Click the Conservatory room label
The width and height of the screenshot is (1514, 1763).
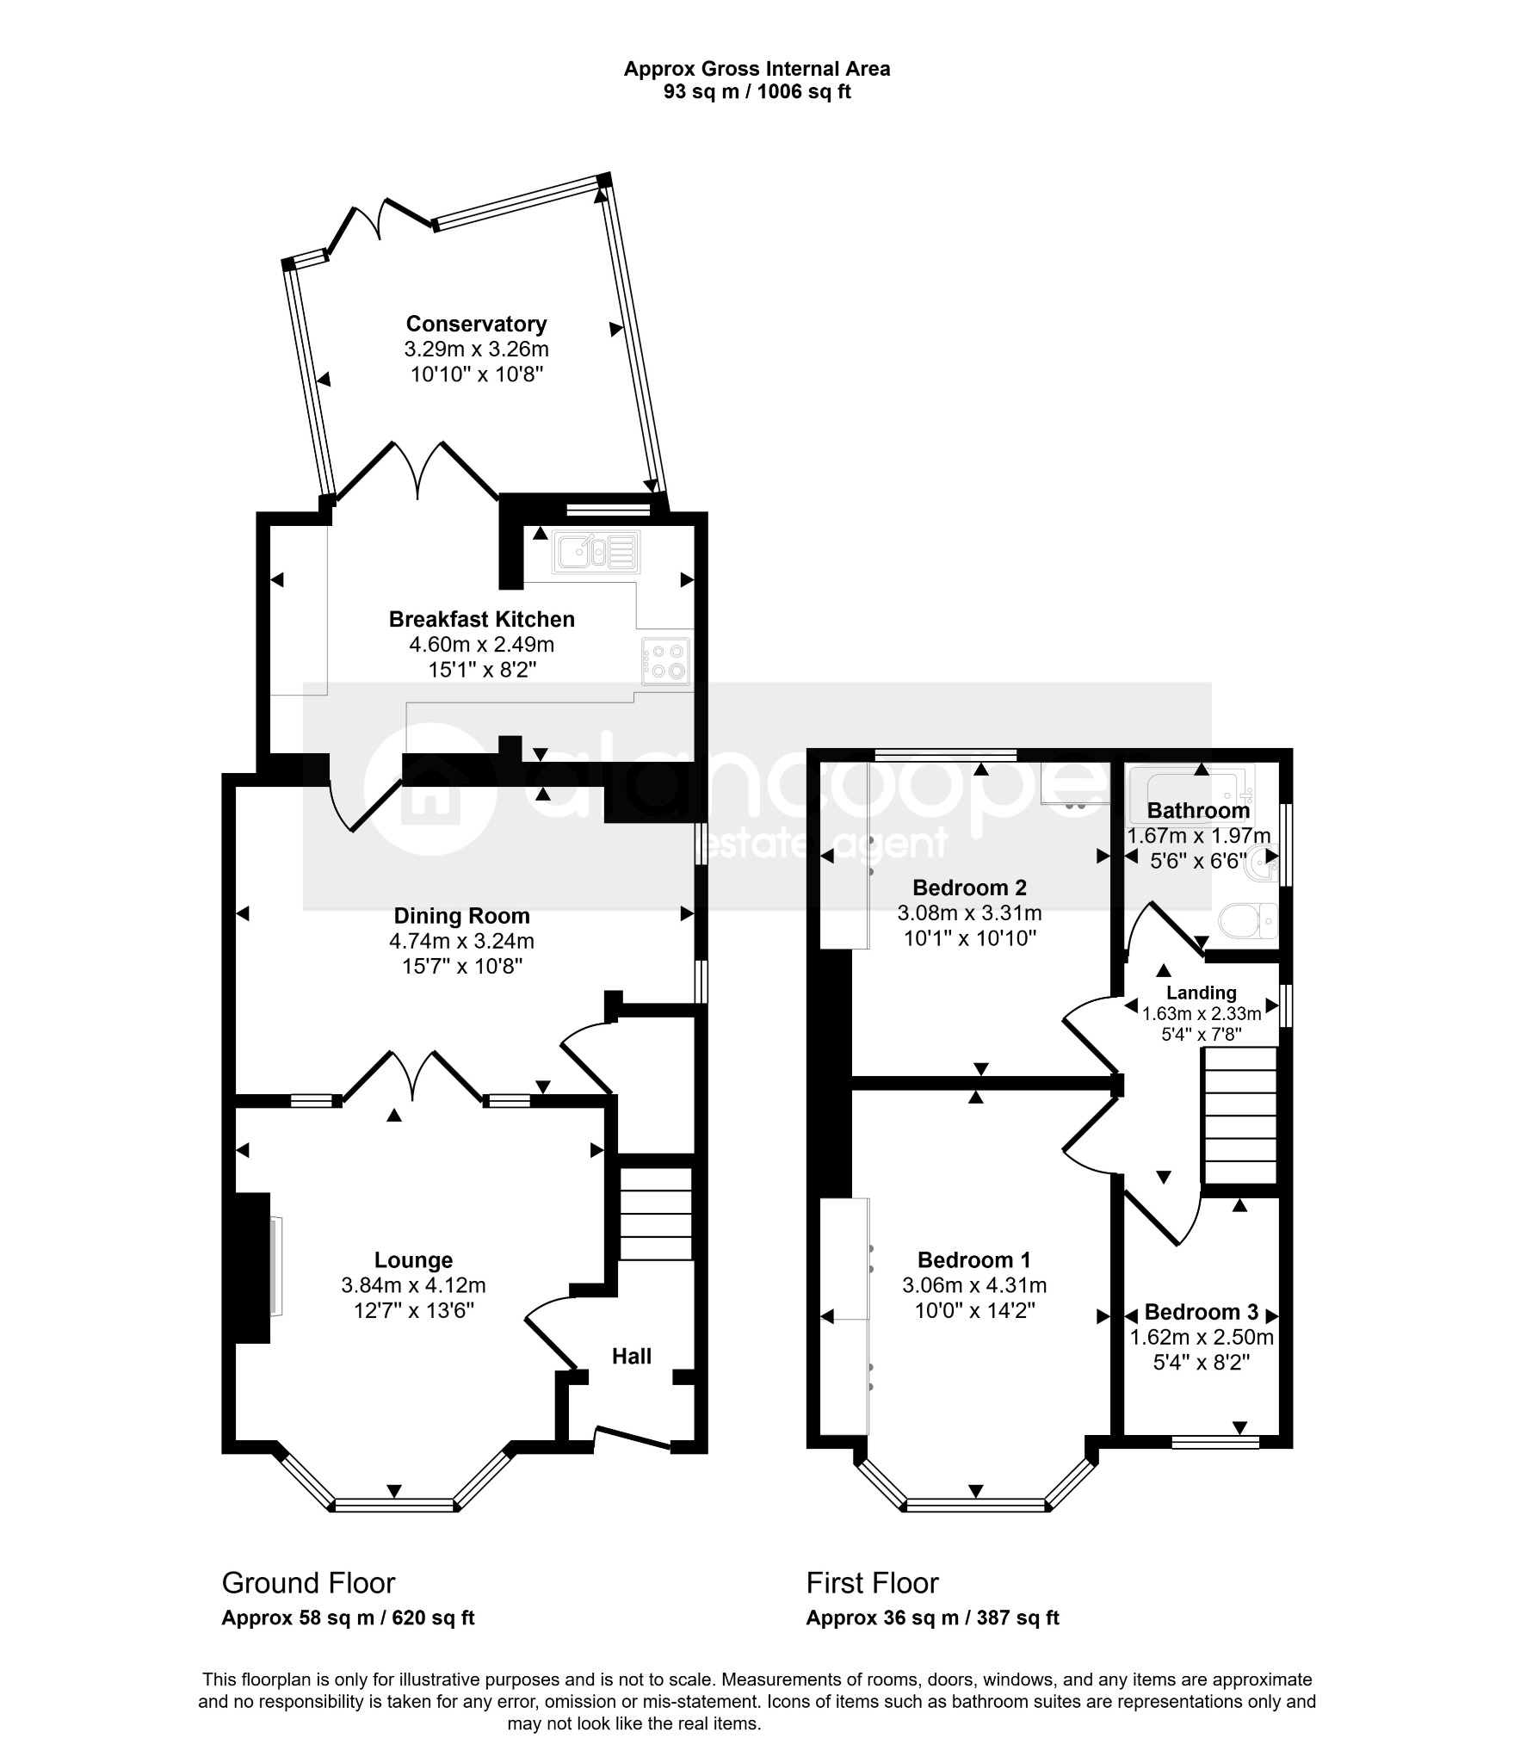pos(476,324)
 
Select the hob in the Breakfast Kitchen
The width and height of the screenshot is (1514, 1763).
pos(665,661)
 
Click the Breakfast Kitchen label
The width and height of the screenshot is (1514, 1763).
pos(482,619)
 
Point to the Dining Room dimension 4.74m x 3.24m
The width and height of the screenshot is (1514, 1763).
pos(462,941)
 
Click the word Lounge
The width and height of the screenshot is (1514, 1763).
pos(413,1260)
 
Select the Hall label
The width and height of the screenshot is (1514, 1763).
pos(632,1357)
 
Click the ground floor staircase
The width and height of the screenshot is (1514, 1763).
pos(656,1214)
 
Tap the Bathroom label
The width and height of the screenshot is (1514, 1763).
pos(1198,810)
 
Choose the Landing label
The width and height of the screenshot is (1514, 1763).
pos(1201,993)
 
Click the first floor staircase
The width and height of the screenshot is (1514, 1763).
pos(1239,1116)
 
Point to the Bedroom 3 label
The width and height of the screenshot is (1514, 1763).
pos(1201,1312)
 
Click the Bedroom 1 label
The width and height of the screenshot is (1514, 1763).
pos(973,1260)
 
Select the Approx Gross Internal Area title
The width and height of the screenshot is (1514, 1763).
pos(757,69)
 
